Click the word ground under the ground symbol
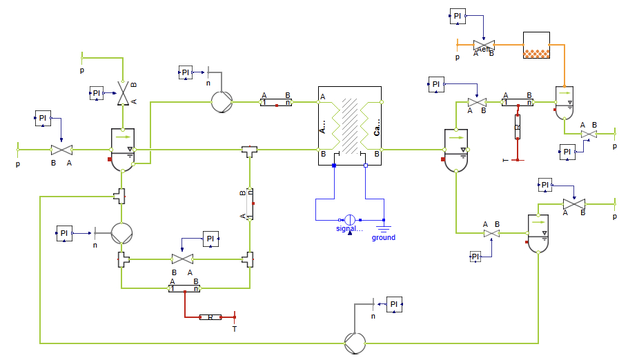coord(384,237)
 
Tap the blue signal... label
coord(349,229)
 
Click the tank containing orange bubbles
coord(536,46)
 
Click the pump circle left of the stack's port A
coord(221,102)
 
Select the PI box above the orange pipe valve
coord(458,17)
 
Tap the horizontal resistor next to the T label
coord(209,317)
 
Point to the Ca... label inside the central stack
coord(377,127)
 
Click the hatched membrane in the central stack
coord(350,125)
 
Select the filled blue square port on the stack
coord(334,166)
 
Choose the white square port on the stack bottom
coord(366,166)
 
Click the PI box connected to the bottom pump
coord(394,304)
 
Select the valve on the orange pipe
coord(483,46)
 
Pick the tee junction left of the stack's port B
coord(249,150)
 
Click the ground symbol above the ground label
coord(384,225)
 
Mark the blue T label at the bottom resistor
coord(234,329)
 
